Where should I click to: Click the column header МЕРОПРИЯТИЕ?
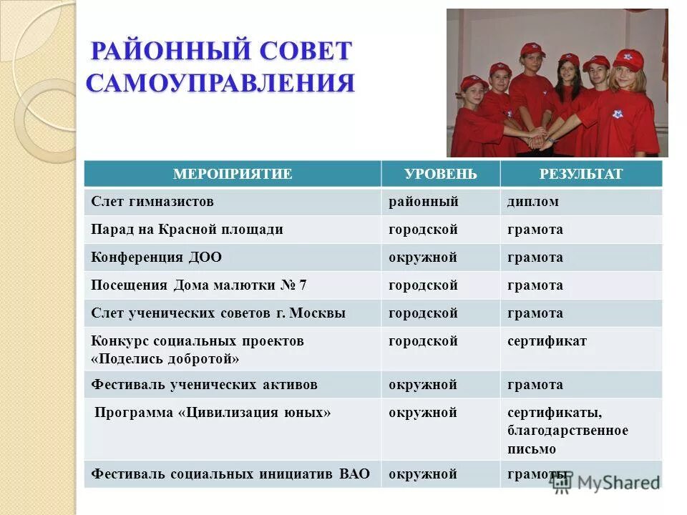pos(233,174)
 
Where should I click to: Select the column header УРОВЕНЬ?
pos(440,174)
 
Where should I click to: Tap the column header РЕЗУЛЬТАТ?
pos(581,174)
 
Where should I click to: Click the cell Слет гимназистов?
pos(152,202)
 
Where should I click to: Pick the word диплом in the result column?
pos(533,202)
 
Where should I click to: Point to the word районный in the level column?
pos(423,202)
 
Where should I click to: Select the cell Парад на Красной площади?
pos(187,230)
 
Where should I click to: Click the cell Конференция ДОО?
pos(156,257)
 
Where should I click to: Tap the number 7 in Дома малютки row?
pos(303,285)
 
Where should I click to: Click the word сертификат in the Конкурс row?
pos(547,341)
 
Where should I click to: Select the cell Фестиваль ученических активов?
pos(204,385)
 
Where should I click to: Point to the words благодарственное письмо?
pos(567,440)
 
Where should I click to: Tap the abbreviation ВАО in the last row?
pos(356,474)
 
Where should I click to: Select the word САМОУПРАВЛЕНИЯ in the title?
pos(220,82)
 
